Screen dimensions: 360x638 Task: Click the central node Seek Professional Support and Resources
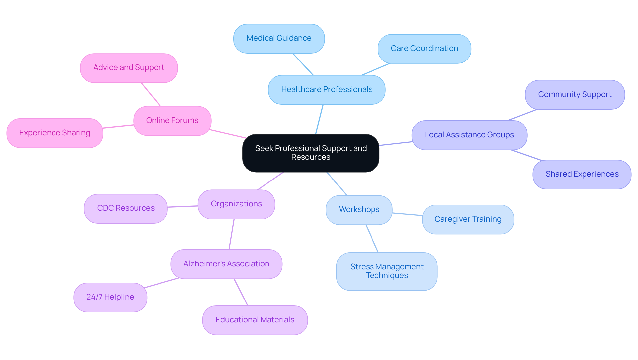[x=311, y=153]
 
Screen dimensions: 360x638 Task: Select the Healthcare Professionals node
[x=327, y=90]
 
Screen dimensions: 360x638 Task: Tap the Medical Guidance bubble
[x=279, y=38]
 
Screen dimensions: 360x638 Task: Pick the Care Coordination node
[x=424, y=49]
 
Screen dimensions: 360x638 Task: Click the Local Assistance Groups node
[x=469, y=135]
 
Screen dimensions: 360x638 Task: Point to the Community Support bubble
[x=575, y=95]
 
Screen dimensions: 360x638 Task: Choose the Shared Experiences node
[x=582, y=174]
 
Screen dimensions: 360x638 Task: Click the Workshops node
[x=359, y=210]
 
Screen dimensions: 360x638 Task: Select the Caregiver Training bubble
[x=468, y=219]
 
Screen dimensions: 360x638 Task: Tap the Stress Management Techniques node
[x=386, y=271]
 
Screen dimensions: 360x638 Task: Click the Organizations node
[x=236, y=204]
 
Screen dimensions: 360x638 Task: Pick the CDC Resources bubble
[x=126, y=208]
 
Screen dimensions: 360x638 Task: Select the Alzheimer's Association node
[x=226, y=264]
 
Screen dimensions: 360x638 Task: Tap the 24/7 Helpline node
[x=110, y=297]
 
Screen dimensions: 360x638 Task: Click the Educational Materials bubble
[x=255, y=320]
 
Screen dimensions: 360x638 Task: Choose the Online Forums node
[x=172, y=121]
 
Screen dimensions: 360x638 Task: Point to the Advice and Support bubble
[x=129, y=68]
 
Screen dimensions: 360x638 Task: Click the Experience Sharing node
[x=54, y=133]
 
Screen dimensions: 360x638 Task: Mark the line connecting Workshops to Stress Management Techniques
[x=372, y=239]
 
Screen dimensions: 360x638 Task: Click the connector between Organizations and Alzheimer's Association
[x=232, y=234]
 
